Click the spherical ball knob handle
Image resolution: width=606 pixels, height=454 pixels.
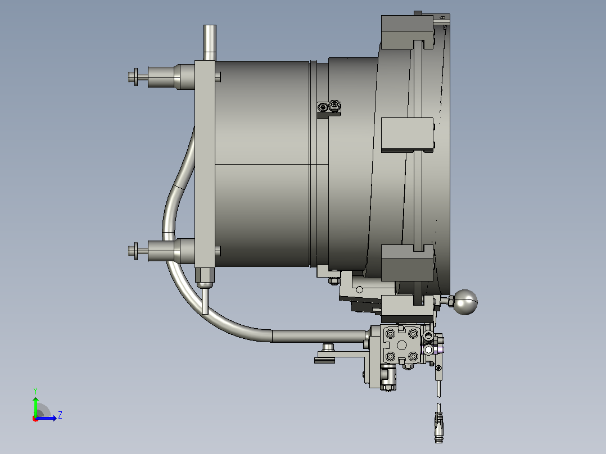click(x=465, y=302)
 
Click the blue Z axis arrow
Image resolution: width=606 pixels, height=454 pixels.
click(x=46, y=418)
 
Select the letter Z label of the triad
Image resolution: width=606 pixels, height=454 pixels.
click(x=60, y=415)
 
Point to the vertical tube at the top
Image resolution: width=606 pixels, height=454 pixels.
click(x=210, y=43)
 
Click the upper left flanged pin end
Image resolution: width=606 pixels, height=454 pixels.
click(x=134, y=77)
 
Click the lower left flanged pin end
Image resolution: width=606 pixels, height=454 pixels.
click(x=134, y=251)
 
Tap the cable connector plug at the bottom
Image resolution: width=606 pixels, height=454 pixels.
click(x=438, y=427)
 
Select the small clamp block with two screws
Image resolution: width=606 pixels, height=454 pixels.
click(x=329, y=108)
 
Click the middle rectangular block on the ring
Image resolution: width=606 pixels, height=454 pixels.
click(x=407, y=134)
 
